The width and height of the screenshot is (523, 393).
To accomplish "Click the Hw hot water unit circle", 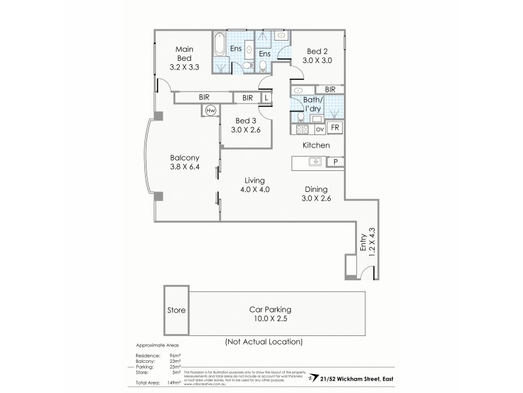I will (x=211, y=111).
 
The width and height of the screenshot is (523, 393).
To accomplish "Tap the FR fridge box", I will (x=334, y=128).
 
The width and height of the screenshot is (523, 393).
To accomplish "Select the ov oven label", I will (x=320, y=129).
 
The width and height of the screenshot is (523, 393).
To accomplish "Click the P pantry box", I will (x=335, y=161).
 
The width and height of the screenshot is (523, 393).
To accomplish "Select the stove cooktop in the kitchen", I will (x=302, y=129).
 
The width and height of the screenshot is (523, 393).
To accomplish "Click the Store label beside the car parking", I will (x=177, y=310).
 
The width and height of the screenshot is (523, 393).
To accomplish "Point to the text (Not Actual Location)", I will (x=263, y=341).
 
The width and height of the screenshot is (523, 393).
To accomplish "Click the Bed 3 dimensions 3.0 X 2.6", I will (x=246, y=130).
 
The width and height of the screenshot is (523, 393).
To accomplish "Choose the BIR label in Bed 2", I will (x=330, y=89).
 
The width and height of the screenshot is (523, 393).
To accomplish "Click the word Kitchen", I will (x=316, y=145).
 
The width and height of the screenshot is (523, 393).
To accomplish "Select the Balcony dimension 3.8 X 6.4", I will (x=184, y=166).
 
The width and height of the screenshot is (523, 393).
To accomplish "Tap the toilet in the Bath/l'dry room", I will (x=301, y=117).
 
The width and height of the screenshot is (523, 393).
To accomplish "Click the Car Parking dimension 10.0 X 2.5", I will (x=269, y=319).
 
